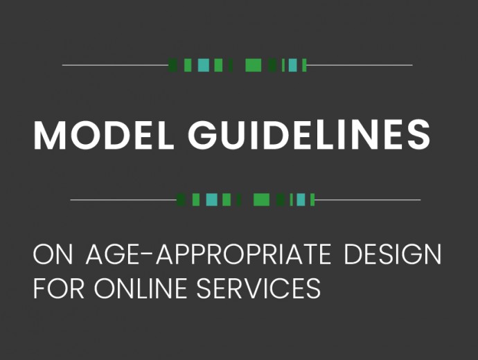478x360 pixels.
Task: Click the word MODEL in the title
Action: [103, 135]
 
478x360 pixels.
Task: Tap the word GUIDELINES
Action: [309, 135]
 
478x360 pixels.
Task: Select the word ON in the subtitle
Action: [53, 253]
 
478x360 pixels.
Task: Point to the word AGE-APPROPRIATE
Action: [209, 253]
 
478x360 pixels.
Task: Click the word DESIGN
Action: [393, 253]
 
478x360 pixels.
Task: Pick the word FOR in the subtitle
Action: [58, 288]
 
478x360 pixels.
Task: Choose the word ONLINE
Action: [140, 288]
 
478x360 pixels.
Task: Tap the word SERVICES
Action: [258, 288]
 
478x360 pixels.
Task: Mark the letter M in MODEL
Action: [50, 135]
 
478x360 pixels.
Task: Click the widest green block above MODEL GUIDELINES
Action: [254, 65]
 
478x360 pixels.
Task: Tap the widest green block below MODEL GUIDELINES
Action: [262, 200]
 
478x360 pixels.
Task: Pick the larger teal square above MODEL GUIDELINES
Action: [204, 65]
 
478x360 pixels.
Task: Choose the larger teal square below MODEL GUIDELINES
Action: [211, 200]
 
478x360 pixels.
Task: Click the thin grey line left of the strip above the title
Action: [115, 65]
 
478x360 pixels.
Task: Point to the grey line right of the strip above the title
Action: [360, 65]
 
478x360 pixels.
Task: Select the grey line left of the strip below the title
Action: [123, 200]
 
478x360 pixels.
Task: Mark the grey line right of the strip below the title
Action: [368, 200]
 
